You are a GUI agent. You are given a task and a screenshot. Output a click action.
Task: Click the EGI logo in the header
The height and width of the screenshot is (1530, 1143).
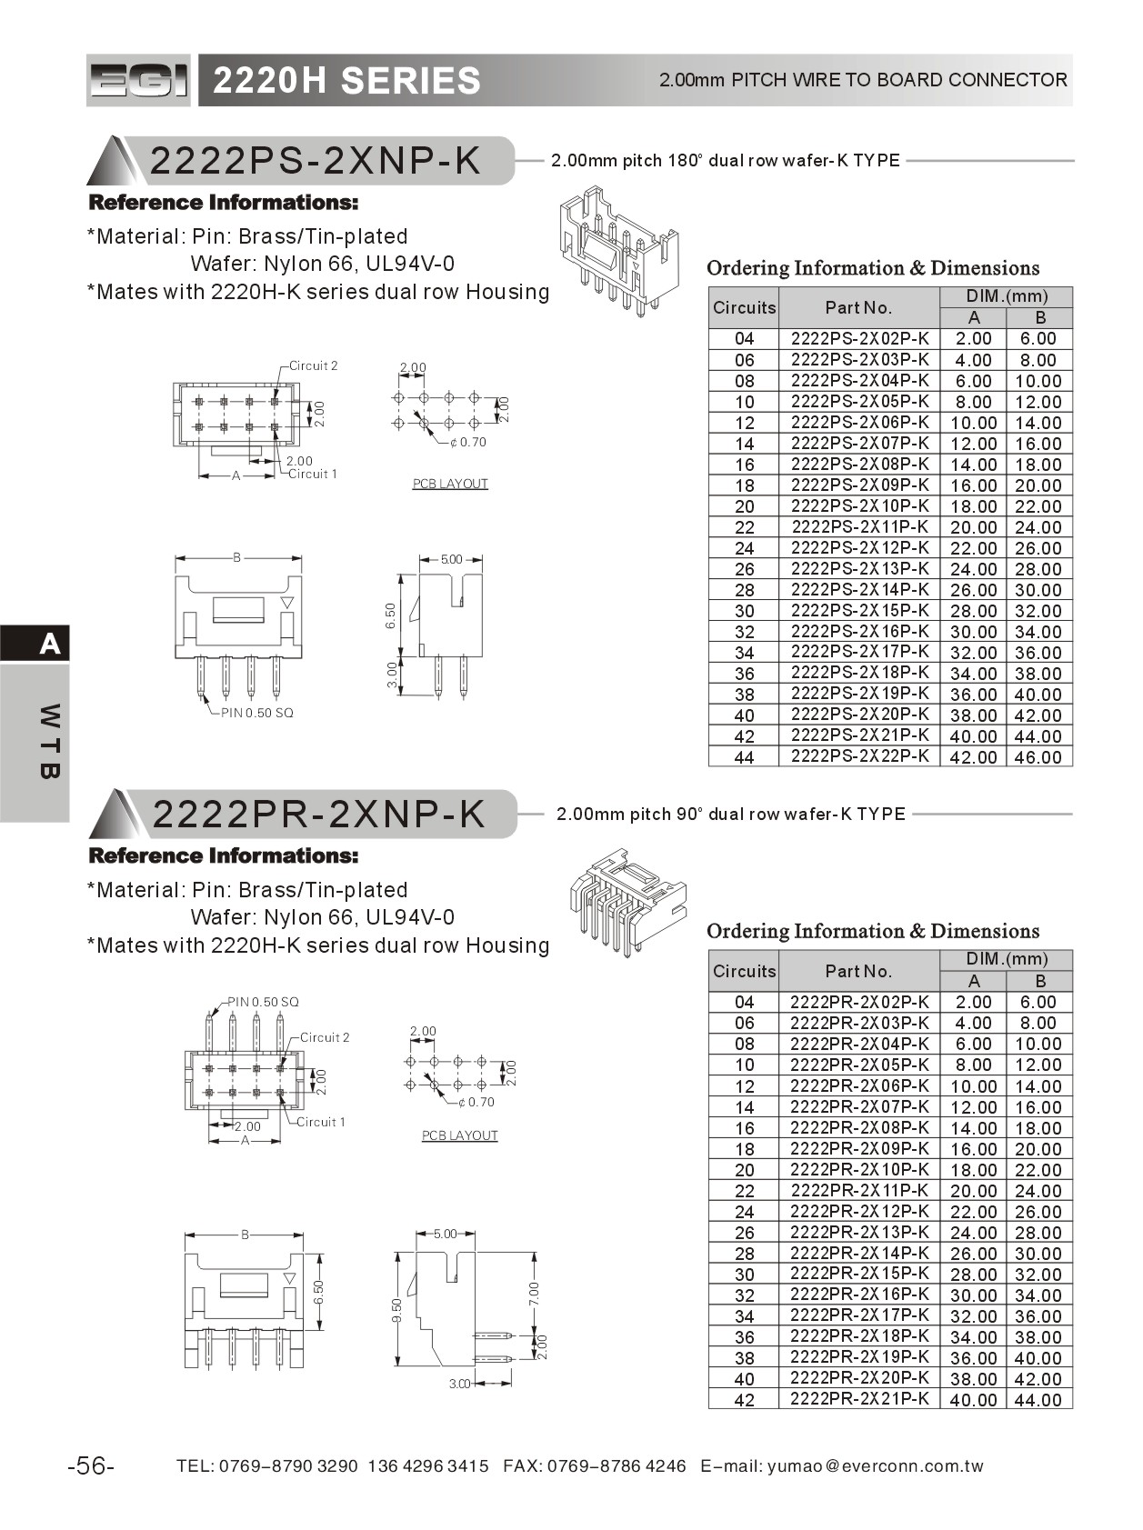[x=138, y=81]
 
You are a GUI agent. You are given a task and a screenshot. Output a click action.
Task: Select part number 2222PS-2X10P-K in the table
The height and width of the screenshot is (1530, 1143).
[x=859, y=506]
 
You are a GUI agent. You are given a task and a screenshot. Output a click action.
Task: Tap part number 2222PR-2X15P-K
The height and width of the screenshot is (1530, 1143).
[x=859, y=1274]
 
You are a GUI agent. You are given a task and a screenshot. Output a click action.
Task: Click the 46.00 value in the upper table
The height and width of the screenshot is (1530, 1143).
[x=1038, y=757]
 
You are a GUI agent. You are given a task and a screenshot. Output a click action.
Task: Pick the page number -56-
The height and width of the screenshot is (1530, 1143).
[x=91, y=1465]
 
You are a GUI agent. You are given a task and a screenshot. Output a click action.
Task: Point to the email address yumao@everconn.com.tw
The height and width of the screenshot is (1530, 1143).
[x=876, y=1465]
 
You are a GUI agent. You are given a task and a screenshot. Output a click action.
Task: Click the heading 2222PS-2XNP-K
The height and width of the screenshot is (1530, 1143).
[x=315, y=161]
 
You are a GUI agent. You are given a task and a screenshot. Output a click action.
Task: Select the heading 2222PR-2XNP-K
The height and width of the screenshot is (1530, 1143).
[x=319, y=814]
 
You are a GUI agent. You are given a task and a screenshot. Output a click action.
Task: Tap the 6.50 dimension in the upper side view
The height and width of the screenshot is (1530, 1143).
[x=391, y=616]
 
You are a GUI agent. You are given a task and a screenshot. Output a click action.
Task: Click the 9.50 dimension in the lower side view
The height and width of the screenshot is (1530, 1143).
[x=396, y=1310]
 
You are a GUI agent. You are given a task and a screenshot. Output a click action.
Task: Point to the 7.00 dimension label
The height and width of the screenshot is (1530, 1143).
[x=534, y=1294]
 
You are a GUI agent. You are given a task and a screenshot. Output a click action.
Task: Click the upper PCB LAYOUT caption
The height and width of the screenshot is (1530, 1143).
[x=450, y=484]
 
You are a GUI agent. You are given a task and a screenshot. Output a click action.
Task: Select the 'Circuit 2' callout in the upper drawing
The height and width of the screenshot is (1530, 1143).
[x=313, y=365]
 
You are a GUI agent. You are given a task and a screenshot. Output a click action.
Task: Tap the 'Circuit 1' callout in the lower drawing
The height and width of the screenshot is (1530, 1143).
[x=321, y=1122]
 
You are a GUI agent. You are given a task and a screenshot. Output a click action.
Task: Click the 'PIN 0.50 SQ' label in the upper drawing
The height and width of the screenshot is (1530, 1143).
[x=257, y=713]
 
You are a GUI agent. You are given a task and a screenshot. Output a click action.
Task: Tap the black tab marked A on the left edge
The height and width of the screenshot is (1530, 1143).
[x=35, y=645]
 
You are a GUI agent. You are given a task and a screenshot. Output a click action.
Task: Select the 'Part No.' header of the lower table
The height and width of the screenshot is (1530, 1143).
[x=858, y=971]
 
